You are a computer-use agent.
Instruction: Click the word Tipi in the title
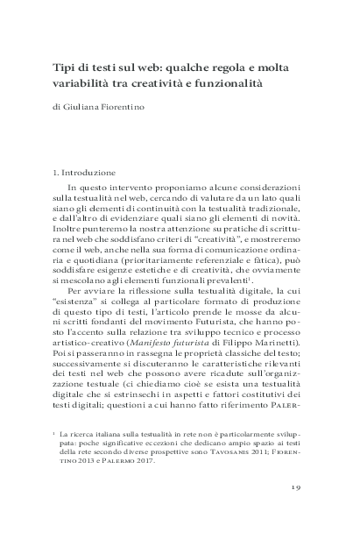tap(60, 67)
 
